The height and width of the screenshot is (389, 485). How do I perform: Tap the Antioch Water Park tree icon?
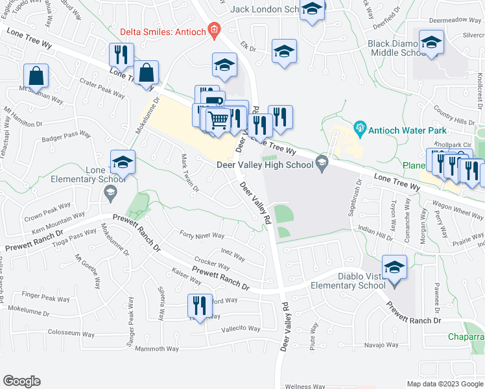tap(360, 129)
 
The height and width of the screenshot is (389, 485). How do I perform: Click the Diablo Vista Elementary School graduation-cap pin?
tap(394, 267)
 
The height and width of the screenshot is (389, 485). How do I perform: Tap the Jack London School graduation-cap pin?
tap(313, 9)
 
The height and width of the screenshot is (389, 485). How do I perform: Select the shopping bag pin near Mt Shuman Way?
tap(36, 76)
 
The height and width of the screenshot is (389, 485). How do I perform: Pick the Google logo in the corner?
tap(21, 381)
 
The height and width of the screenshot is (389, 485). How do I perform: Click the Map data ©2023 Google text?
tap(444, 384)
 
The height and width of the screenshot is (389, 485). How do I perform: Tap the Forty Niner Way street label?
tap(201, 236)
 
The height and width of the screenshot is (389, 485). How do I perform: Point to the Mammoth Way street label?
tap(156, 349)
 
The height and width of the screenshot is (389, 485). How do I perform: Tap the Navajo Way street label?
tap(381, 345)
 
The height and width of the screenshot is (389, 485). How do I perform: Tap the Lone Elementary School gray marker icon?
tap(110, 192)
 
